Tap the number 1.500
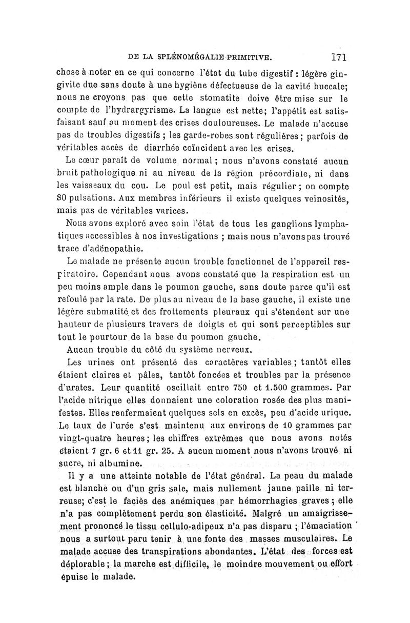274,387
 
